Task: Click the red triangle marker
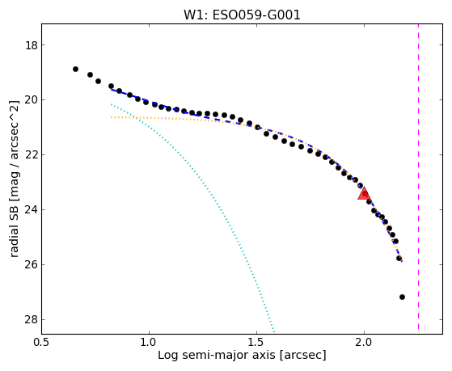coord(364,193)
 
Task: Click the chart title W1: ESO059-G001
coord(242,15)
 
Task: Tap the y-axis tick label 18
coord(32,45)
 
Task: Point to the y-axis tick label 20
coord(32,100)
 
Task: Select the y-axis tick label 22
coord(32,155)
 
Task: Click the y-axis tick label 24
coord(32,210)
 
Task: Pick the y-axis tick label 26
coord(32,265)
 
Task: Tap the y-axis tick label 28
coord(32,320)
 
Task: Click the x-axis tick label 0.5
coord(42,343)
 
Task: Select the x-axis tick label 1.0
coord(149,343)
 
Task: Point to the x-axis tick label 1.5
coord(257,343)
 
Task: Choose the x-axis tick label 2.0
coord(365,343)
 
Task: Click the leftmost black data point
coord(75,70)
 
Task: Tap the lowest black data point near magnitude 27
coord(402,297)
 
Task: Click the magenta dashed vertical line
coord(418,177)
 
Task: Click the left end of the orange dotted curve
coord(112,117)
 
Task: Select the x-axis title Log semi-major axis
coord(217,355)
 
